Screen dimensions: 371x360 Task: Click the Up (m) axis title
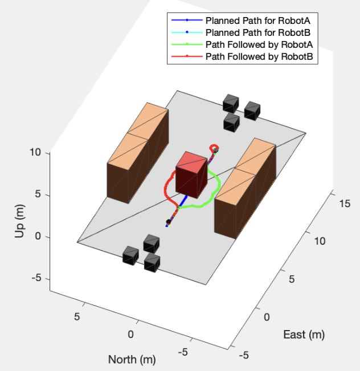pos(19,216)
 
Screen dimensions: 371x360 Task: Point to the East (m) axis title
pos(304,335)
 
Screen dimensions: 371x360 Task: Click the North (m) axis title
pos(132,359)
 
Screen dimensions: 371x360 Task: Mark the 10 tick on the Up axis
pos(35,152)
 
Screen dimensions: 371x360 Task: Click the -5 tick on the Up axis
pos(35,279)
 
